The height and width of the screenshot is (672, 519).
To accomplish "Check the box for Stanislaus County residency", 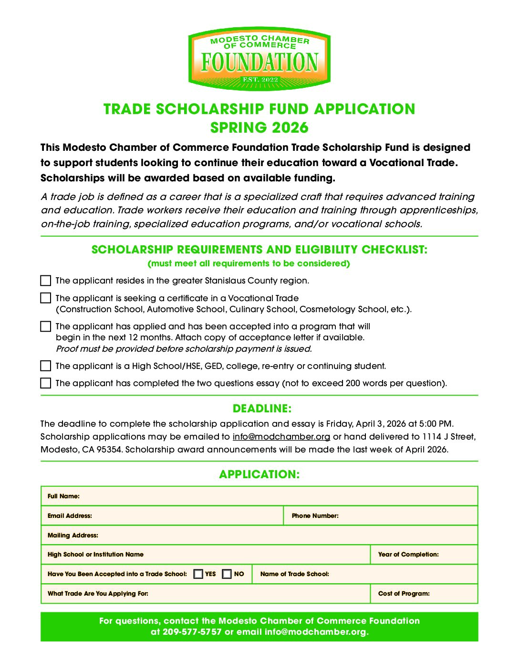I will (46, 280).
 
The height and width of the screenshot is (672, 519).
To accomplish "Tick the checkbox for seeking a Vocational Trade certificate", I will (46, 298).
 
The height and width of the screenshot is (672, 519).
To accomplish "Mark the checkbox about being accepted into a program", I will (46, 326).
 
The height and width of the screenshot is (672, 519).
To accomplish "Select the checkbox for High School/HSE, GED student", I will (46, 366).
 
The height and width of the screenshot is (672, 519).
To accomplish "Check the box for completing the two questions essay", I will (46, 383).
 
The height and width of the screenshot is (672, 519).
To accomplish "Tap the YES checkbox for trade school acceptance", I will (198, 574).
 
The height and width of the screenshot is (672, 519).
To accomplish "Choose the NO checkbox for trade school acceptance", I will (227, 574).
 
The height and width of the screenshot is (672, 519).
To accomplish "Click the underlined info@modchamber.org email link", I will (281, 437).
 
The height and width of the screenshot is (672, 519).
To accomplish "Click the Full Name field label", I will (63, 496).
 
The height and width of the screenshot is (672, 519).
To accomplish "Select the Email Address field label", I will (70, 516).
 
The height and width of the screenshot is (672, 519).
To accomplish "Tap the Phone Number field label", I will (315, 516).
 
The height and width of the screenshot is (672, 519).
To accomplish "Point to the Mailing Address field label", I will (73, 535).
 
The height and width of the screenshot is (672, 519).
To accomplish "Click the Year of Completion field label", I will (408, 555).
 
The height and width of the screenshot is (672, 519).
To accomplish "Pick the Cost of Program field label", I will (404, 594).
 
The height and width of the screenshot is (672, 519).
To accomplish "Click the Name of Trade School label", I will (294, 574).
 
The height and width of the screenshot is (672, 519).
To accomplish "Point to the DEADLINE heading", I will (262, 409).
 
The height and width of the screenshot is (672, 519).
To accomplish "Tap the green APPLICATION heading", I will (259, 474).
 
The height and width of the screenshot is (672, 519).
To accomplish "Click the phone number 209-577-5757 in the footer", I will (192, 632).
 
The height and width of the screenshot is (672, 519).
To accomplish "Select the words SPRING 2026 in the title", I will (259, 128).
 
